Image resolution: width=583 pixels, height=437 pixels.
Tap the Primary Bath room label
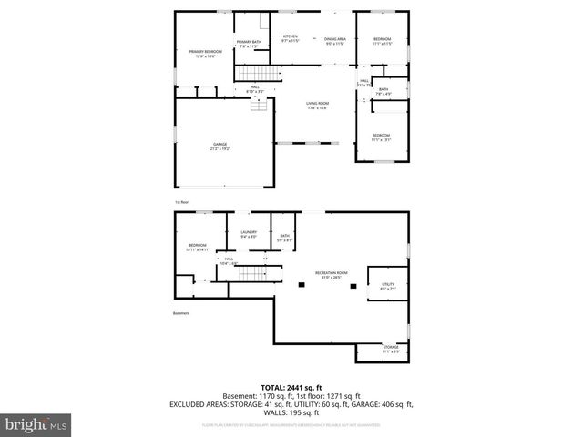coord(249,44)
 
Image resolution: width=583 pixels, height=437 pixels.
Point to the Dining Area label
coord(335,41)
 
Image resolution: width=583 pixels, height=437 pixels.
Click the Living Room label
coord(317,106)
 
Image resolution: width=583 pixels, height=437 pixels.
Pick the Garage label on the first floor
coord(220,147)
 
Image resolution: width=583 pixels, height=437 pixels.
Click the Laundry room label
coord(249,234)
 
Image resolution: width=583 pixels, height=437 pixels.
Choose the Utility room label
coord(387,287)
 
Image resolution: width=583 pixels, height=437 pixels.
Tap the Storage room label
coord(391,349)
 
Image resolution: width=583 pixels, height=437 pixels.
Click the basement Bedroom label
coord(198,247)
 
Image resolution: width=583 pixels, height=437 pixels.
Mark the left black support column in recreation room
coord(301,286)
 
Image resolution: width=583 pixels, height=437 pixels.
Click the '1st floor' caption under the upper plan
coord(181,201)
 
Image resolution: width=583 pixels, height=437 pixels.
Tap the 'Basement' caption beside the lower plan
coord(181,314)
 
